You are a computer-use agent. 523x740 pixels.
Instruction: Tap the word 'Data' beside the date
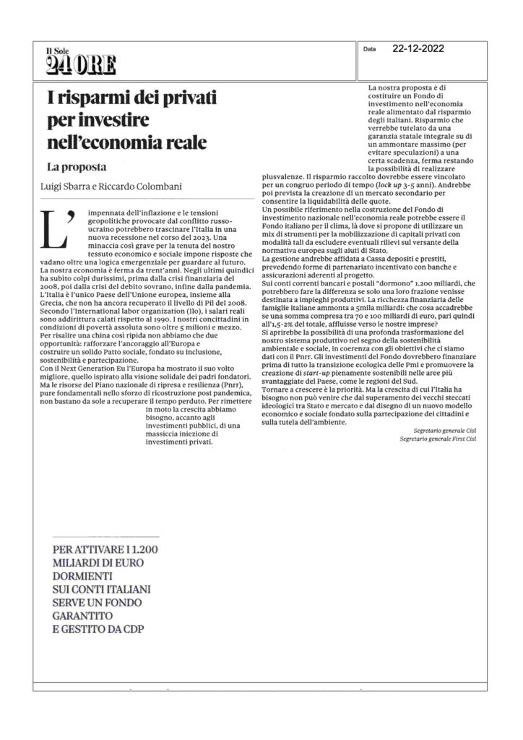click(371, 51)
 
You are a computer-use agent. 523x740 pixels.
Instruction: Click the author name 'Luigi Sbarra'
click(66, 187)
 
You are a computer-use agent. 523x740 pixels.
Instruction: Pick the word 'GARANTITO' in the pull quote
click(86, 616)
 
